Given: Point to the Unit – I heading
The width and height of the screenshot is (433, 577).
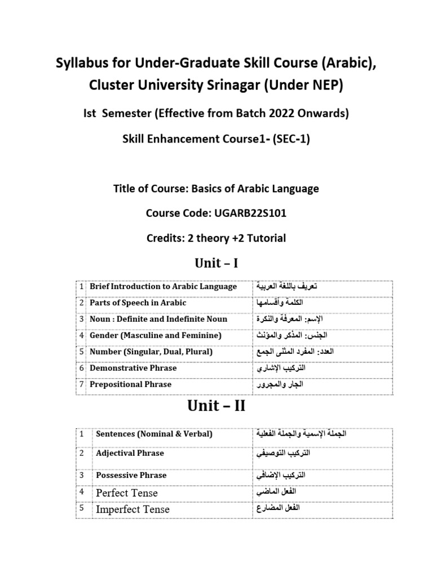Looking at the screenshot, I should (x=216, y=262).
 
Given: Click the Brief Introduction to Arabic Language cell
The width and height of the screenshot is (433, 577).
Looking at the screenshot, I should (x=163, y=286).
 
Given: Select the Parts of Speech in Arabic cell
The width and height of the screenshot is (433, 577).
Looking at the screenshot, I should (x=138, y=303).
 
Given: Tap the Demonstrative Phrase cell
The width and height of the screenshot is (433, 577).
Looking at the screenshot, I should (x=133, y=368).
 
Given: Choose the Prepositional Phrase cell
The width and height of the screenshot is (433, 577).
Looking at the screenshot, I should (x=130, y=384).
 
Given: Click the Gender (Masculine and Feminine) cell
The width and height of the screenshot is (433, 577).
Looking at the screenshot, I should (x=156, y=335).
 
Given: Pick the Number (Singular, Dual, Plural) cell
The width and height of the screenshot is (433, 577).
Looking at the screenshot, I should (x=151, y=352).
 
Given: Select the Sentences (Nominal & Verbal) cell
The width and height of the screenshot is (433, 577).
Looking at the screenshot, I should (x=154, y=434).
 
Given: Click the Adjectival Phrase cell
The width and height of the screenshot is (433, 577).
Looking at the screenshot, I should (x=130, y=453).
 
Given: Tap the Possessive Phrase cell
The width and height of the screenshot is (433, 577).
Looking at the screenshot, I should (x=131, y=475).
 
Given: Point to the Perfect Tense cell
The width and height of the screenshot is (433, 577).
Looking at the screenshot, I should (x=127, y=492).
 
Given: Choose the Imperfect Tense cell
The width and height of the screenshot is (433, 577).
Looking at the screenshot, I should (x=132, y=509).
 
